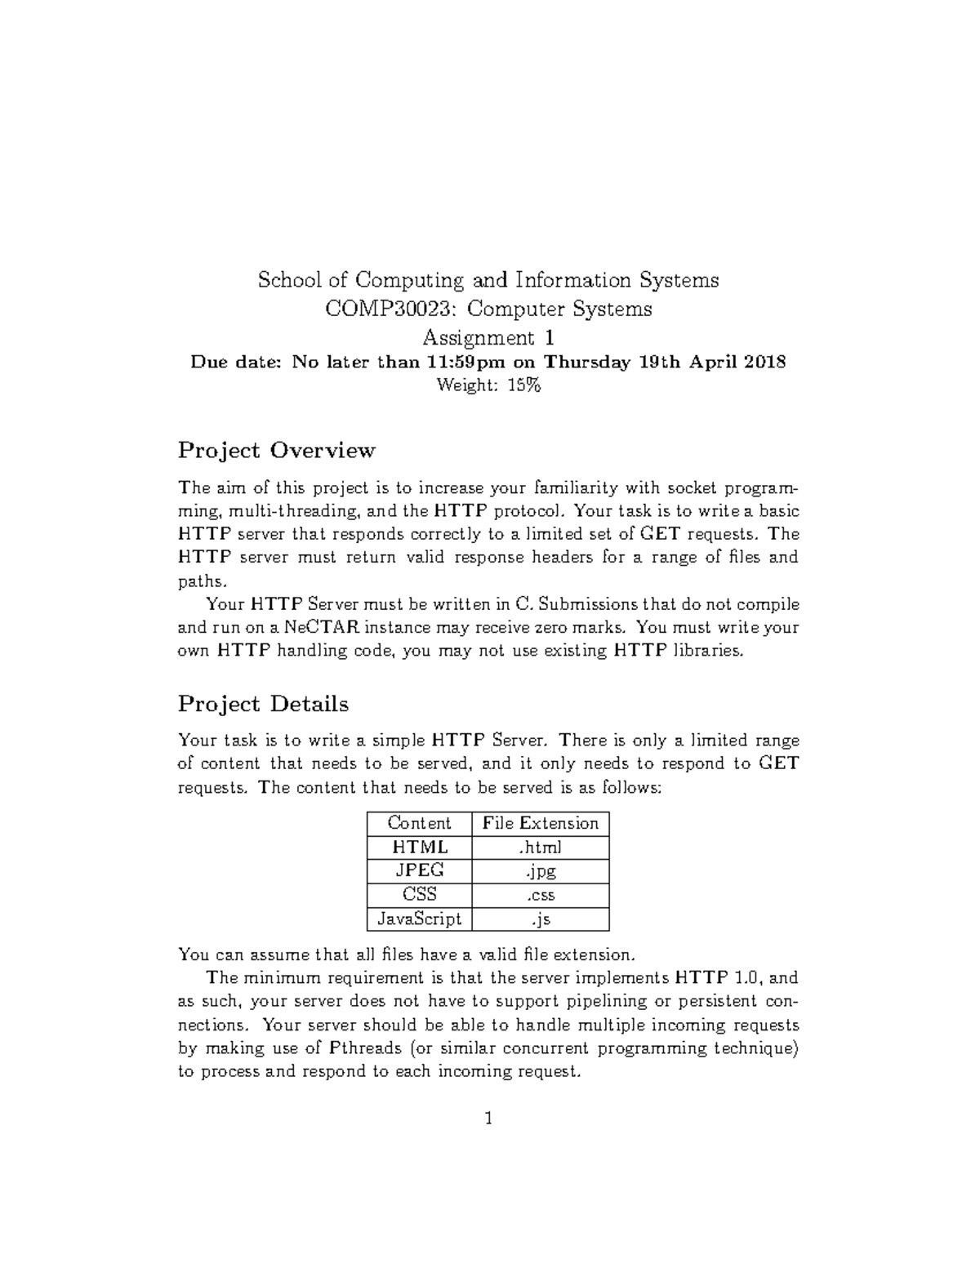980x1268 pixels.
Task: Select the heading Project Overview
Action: click(x=277, y=450)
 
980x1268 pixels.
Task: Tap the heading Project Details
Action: click(x=263, y=704)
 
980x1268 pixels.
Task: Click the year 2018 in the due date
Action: click(x=764, y=362)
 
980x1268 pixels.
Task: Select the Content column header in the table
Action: click(x=419, y=823)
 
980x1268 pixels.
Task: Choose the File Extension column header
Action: click(x=541, y=823)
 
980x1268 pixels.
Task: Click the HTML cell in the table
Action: click(x=420, y=848)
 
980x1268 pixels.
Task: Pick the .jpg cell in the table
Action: click(x=541, y=871)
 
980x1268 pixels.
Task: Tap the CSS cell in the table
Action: click(x=420, y=895)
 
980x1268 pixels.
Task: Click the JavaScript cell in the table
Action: click(x=420, y=919)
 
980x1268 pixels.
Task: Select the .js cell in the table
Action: click(x=541, y=919)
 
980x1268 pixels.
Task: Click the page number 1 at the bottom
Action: click(x=488, y=1119)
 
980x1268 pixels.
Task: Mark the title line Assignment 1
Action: click(x=488, y=337)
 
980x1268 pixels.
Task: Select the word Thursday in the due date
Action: click(x=587, y=362)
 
